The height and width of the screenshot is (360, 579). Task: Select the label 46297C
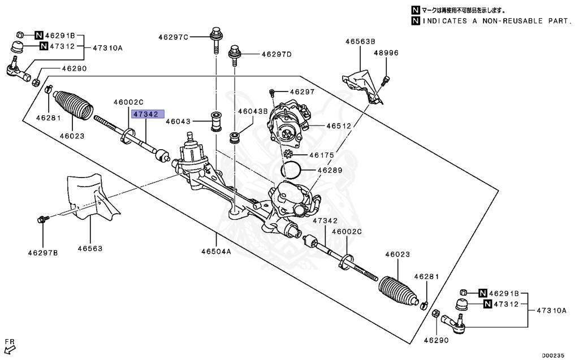pos(174,37)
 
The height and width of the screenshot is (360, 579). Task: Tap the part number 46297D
pos(276,55)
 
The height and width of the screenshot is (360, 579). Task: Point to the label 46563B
pos(361,41)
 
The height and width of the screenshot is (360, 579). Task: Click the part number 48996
pos(386,53)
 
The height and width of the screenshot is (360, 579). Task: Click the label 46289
pos(329,169)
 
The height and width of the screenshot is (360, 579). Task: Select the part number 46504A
pos(216,251)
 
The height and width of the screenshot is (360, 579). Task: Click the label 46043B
pos(252,111)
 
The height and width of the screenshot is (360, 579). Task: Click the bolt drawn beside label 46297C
pos(215,37)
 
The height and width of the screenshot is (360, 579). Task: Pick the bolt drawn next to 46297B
pos(43,219)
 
